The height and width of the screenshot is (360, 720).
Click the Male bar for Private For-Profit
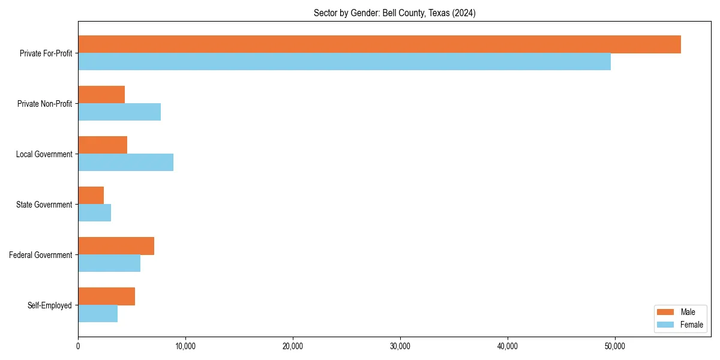(379, 44)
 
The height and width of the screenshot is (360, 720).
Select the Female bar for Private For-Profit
(344, 62)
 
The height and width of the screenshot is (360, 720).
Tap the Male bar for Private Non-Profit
(101, 95)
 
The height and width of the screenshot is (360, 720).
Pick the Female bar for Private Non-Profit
(119, 112)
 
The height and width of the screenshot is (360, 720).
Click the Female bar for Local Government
(125, 163)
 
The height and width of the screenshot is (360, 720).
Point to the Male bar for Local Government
(103, 145)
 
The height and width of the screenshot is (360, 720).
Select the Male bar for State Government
(91, 196)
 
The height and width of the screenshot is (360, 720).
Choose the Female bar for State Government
(94, 213)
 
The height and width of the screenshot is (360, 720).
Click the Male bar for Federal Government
(116, 246)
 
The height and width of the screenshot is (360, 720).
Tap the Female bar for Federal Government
(109, 263)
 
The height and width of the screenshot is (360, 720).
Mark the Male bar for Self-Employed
(106, 296)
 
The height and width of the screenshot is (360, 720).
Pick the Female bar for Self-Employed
(98, 314)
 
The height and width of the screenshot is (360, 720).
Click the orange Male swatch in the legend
(666, 312)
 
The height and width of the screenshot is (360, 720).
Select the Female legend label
(691, 325)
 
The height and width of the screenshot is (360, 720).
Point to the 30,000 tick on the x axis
(400, 347)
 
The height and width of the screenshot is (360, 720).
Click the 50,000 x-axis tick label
(615, 347)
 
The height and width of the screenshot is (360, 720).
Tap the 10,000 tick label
(185, 347)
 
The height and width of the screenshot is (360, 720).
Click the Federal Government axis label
(41, 255)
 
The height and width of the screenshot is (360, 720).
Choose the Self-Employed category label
(50, 305)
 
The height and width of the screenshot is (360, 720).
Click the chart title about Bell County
(394, 13)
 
